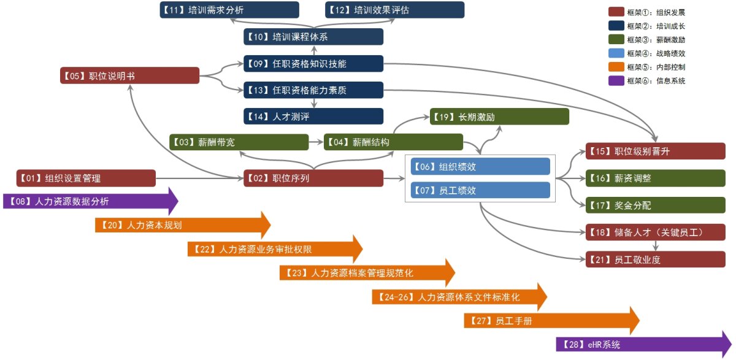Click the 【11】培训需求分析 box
pos(229,10)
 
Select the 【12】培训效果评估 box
pos(394,10)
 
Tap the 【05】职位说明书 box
pos(129,75)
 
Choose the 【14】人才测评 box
pos(313,117)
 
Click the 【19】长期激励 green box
pos(499,117)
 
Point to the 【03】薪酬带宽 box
pos(239,142)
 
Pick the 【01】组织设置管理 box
pos(86,178)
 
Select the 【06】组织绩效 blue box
pos(480,167)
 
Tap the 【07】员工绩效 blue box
pos(480,191)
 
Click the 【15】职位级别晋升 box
pos(655,151)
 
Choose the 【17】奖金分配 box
pos(655,205)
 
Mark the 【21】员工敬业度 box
pos(655,259)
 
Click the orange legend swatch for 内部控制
pos(616,67)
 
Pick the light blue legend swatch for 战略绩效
pos(616,53)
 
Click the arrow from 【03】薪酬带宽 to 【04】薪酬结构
pos(316,142)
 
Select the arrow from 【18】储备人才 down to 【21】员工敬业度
pos(656,245)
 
